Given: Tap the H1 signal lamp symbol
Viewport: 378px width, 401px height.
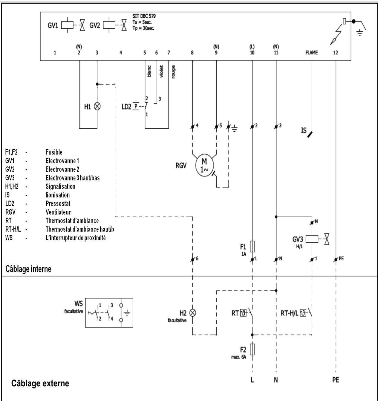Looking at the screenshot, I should pos(97,106).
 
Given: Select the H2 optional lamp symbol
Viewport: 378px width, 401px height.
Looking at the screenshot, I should pos(193,313).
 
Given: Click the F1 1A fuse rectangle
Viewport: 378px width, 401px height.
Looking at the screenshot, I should pos(252,246).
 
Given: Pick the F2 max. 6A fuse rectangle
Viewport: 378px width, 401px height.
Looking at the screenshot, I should pos(252,350).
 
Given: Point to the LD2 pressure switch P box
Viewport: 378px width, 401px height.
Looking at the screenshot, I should pos(136,106).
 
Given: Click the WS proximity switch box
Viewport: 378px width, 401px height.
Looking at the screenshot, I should pos(109,312).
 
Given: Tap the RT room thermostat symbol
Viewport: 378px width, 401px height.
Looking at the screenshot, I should pos(244,313).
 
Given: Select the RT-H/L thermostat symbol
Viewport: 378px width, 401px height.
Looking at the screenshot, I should pos(303,313).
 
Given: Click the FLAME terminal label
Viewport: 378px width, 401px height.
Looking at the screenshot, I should pos(312,53).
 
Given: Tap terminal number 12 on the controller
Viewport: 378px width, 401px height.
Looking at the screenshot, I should pos(336,53).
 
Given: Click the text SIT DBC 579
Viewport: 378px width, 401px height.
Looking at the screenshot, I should pos(144,16).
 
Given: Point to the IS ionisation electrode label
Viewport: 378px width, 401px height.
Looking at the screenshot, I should pos(304,131).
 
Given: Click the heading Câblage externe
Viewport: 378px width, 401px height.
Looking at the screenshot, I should pos(40,383).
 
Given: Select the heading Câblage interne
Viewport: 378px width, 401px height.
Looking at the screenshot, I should pos(28,269).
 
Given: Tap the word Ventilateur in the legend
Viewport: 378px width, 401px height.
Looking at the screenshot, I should pos(58,212).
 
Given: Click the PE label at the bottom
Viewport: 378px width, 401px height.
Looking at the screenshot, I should pos(336,380).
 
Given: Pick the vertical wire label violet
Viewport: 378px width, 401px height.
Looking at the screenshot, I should pos(161,71).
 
